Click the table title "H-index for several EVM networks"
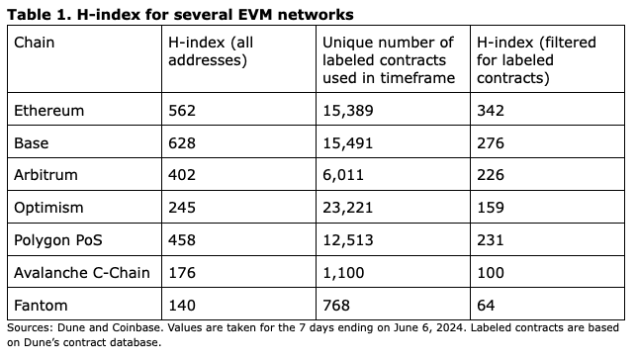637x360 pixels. pyautogui.click(x=216, y=15)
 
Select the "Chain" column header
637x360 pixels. pyautogui.click(x=34, y=43)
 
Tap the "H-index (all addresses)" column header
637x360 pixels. pyautogui.click(x=211, y=51)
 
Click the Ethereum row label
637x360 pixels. pyautogui.click(x=49, y=111)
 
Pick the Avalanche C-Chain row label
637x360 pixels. pyautogui.click(x=82, y=273)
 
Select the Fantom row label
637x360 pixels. pyautogui.click(x=41, y=306)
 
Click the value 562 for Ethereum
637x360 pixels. pyautogui.click(x=182, y=111)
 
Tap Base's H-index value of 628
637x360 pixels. pyautogui.click(x=182, y=143)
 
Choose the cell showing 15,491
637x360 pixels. pyautogui.click(x=348, y=143)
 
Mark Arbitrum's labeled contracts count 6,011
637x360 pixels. pyautogui.click(x=343, y=175)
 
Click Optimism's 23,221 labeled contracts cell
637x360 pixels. pyautogui.click(x=348, y=208)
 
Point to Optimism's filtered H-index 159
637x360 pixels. pyautogui.click(x=491, y=208)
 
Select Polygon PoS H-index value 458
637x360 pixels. pyautogui.click(x=182, y=240)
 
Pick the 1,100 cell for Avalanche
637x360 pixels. pyautogui.click(x=343, y=273)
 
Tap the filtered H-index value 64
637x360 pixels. pyautogui.click(x=486, y=306)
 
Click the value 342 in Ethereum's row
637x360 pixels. pyautogui.click(x=491, y=111)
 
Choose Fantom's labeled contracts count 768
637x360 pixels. pyautogui.click(x=336, y=306)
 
